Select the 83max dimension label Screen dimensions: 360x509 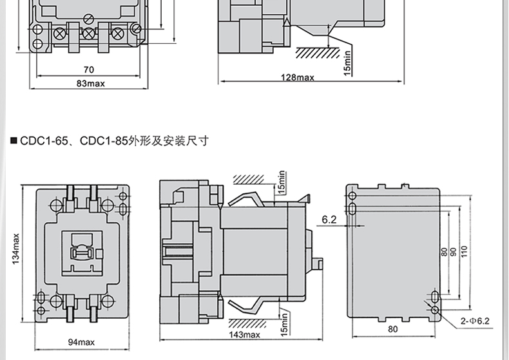point(90,83)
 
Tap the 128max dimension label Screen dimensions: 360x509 point(298,77)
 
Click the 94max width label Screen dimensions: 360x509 point(81,341)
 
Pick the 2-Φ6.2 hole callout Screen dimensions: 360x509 point(475,320)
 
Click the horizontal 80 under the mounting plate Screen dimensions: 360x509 point(393,329)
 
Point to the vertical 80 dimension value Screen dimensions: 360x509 point(443,252)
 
